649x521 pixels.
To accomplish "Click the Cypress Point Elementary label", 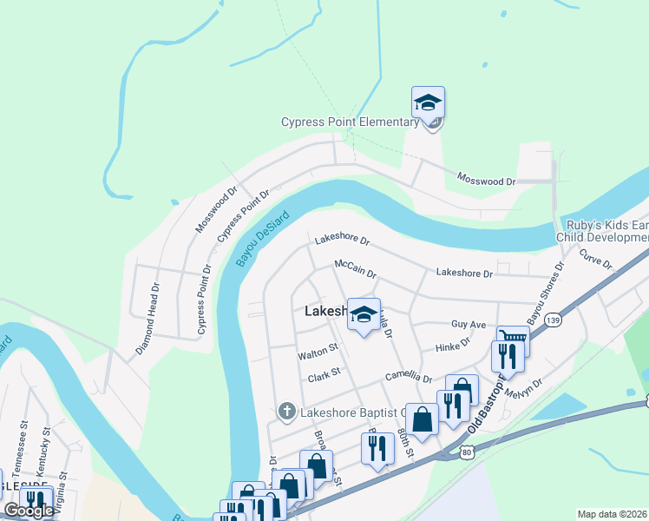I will pyautogui.click(x=350, y=122).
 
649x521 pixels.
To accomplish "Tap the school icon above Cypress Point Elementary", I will pyautogui.click(x=428, y=103).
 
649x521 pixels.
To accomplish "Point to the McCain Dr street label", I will pyautogui.click(x=355, y=268).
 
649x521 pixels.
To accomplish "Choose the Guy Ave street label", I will pyautogui.click(x=469, y=324).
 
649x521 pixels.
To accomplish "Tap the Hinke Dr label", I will pyautogui.click(x=452, y=346).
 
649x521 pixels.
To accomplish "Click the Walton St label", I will pyautogui.click(x=317, y=353).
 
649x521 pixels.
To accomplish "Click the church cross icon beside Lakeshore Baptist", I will pyautogui.click(x=286, y=410).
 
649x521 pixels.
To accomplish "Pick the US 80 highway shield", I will pyautogui.click(x=467, y=452).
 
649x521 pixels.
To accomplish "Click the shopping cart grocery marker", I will pyautogui.click(x=512, y=337).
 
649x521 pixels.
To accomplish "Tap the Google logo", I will pyautogui.click(x=28, y=511).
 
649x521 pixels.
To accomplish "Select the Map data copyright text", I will pyautogui.click(x=612, y=514).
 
